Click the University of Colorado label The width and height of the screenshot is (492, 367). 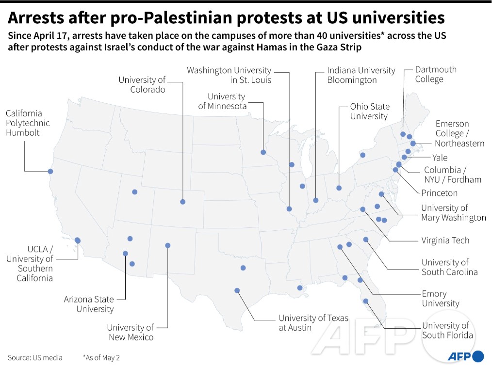point(142,85)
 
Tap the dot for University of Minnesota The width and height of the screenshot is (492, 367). point(263,152)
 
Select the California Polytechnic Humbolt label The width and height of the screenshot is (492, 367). point(28,123)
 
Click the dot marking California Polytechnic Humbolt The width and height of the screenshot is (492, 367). point(50,172)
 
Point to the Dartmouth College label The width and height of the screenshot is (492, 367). point(436,74)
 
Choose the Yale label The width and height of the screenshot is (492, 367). point(440,158)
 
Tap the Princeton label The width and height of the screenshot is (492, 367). point(439,193)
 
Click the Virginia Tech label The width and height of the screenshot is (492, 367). point(445,240)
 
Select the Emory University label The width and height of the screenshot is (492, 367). point(441,298)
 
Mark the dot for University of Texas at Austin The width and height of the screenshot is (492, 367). point(237,290)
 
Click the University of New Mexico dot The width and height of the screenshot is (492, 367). point(168,245)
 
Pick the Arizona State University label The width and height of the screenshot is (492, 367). point(89,304)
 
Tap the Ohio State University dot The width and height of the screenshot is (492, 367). point(339,188)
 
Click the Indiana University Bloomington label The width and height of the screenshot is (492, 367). point(361,75)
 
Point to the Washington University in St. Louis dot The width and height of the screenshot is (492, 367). point(289,209)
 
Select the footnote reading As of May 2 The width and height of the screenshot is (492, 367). point(101,358)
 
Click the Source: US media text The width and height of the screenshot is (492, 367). point(35,358)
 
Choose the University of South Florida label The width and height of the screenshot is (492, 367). point(447,330)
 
